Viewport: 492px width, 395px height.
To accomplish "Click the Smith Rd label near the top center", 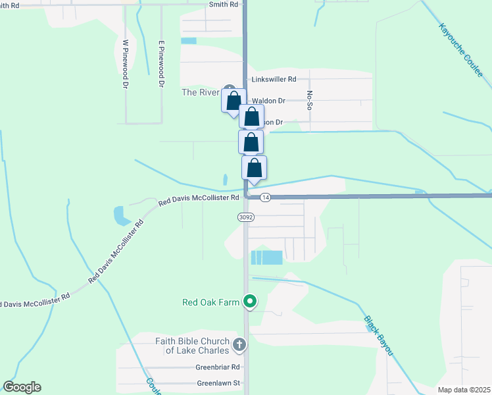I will click(x=222, y=4).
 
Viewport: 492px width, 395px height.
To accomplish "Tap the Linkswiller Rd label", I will click(x=274, y=80).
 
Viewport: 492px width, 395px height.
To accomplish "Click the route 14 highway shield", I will click(x=265, y=197).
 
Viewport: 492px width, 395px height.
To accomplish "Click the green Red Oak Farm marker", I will click(x=250, y=302).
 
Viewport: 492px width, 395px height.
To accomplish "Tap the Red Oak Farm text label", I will click(x=210, y=303).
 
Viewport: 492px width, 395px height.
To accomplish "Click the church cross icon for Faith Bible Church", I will click(x=239, y=344).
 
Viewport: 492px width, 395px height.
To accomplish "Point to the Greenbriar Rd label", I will click(x=218, y=367).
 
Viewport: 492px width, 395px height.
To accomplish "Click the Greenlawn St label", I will click(x=219, y=382).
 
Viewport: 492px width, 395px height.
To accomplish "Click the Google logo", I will click(x=22, y=387).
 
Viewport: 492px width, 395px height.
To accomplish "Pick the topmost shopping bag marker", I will click(x=234, y=101).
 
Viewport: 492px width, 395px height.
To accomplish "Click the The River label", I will click(x=200, y=92).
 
